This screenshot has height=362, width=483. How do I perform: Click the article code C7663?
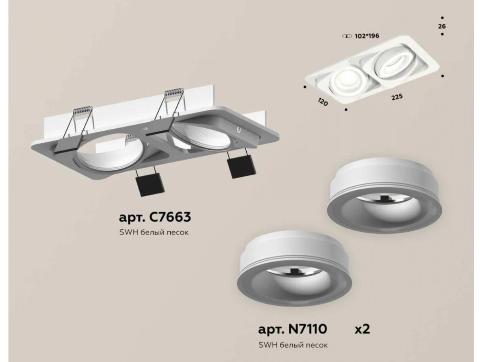pos(170,217)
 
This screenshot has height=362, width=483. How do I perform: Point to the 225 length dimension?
pos(397,97)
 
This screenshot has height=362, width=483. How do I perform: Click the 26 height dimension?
pos(442,27)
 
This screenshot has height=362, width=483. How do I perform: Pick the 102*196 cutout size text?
pos(367,36)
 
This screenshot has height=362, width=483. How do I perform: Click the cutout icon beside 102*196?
pos(347,36)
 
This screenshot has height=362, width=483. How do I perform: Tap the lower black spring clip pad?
pos(150,185)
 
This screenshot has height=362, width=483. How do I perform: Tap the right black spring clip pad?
pos(242,166)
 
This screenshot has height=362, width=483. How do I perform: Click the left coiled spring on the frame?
pos(83,110)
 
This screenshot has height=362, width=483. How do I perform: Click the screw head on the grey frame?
pos(239,130)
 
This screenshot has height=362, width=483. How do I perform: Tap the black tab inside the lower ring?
pos(293,272)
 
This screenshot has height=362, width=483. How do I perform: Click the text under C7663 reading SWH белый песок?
pos(154,232)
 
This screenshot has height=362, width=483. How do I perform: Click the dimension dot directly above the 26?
pos(442,18)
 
